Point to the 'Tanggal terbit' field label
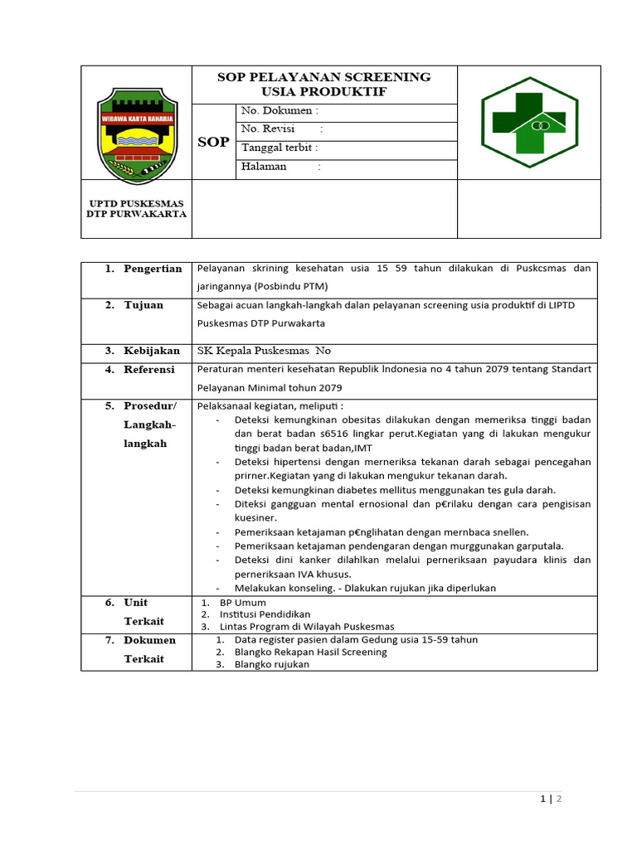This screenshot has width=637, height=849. click(280, 148)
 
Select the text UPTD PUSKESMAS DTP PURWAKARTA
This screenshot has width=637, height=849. click(136, 208)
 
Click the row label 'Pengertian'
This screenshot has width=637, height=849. click(153, 269)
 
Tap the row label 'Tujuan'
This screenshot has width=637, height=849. click(143, 305)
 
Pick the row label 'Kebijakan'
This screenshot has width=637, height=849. click(152, 351)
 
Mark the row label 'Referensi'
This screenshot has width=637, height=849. click(149, 370)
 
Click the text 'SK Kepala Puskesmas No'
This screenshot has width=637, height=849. click(263, 352)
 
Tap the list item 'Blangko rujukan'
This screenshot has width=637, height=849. click(271, 664)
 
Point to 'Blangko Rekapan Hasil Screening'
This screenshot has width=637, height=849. click(310, 652)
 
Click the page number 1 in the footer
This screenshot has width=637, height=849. click(542, 799)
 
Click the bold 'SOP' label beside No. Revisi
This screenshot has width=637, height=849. click(213, 143)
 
